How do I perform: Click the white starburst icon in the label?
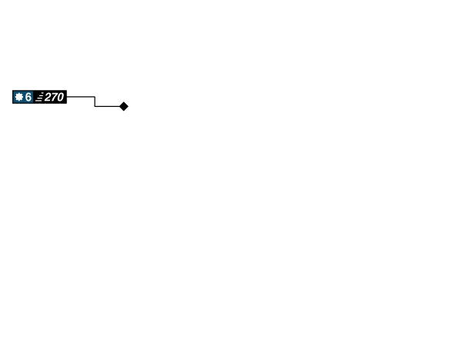pyautogui.click(x=19, y=97)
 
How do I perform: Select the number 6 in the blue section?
pyautogui.click(x=28, y=97)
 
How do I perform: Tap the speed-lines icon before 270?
pyautogui.click(x=38, y=98)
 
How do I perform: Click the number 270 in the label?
pyautogui.click(x=54, y=97)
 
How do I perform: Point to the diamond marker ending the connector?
pyautogui.click(x=124, y=106)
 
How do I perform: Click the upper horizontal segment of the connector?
pyautogui.click(x=81, y=97)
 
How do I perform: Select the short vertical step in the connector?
pyautogui.click(x=94, y=102)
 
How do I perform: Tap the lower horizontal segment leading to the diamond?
pyautogui.click(x=106, y=106)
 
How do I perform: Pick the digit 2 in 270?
pyautogui.click(x=48, y=97)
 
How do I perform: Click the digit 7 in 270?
pyautogui.click(x=54, y=97)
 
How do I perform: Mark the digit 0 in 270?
pyautogui.click(x=60, y=97)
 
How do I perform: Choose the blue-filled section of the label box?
pyautogui.click(x=23, y=97)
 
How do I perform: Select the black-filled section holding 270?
pyautogui.click(x=51, y=97)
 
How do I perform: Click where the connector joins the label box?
pyautogui.click(x=68, y=97)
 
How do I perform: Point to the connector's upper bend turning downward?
pyautogui.click(x=94, y=97)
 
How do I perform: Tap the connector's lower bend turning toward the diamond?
pyautogui.click(x=94, y=106)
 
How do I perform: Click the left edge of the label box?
pyautogui.click(x=12, y=97)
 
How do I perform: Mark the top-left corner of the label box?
pyautogui.click(x=12, y=90)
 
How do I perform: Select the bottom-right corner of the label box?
pyautogui.click(x=67, y=104)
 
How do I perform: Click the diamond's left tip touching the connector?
pyautogui.click(x=119, y=106)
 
